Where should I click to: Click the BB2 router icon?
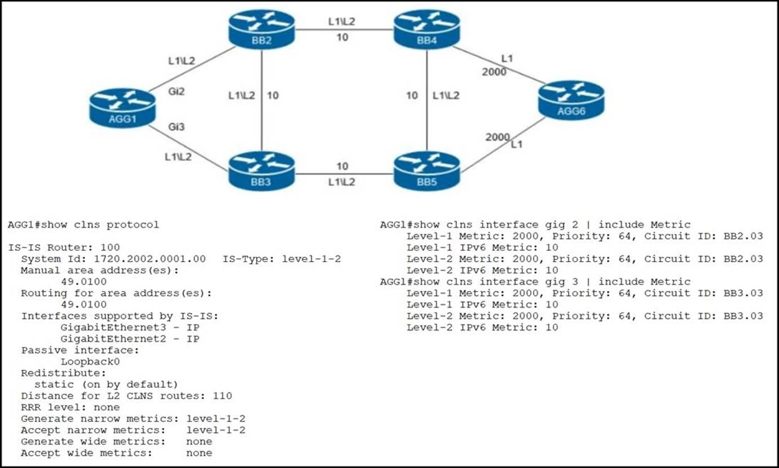262,29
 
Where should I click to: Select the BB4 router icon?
426,29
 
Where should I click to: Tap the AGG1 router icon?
122,108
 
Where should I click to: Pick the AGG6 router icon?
571,100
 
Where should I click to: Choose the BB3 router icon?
262,171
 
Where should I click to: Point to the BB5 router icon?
426,171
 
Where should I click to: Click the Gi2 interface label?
177,91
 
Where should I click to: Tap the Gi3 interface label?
177,127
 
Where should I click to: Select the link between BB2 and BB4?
344,29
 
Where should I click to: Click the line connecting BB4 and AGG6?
499,65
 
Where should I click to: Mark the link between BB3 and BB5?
344,174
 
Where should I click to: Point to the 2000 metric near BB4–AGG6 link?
494,72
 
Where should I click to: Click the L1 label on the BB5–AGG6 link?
517,144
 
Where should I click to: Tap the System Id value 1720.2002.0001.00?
149,259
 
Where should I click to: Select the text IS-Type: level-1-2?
281,259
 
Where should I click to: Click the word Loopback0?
90,361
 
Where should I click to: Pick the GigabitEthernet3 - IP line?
130,328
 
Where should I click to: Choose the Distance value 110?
223,396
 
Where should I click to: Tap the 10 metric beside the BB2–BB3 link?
272,95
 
